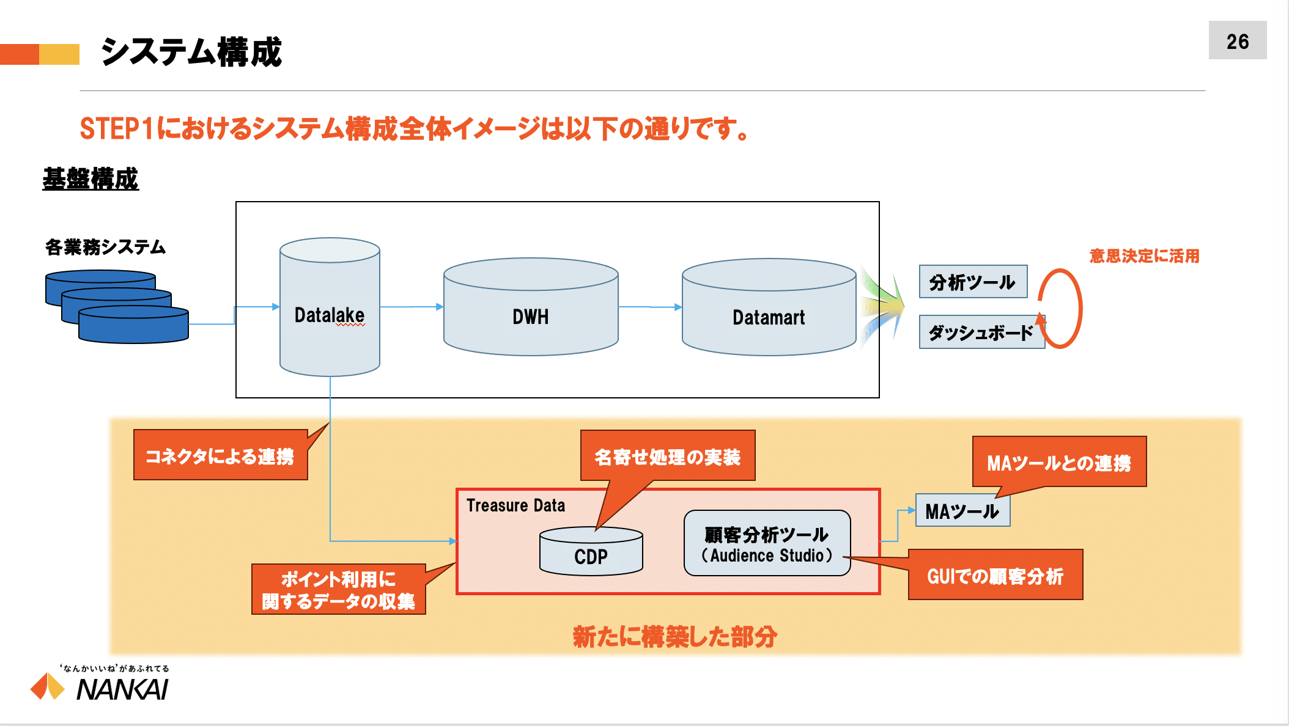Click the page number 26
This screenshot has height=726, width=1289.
point(1238,42)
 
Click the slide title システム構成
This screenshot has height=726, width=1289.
point(191,52)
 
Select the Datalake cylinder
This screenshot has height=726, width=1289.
point(330,307)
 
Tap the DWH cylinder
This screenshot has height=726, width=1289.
point(531,307)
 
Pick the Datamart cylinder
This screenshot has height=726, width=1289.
point(769,307)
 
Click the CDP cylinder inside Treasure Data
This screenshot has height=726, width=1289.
point(591,551)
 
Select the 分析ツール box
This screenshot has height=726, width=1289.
point(973,282)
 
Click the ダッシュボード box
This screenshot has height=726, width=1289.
point(981,332)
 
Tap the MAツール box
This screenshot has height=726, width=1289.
point(962,510)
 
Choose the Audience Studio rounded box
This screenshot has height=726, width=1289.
point(767,543)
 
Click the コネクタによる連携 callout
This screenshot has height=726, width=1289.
point(220,455)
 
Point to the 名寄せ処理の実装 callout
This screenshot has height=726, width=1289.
point(668,456)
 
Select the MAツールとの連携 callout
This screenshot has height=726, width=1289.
point(1059,462)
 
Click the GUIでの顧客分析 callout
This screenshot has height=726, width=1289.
point(995,575)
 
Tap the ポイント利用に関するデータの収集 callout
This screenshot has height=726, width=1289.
point(339,589)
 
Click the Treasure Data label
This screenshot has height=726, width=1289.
point(515,505)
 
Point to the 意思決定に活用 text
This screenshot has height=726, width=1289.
point(1144,255)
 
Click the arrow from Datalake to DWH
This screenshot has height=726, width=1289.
point(412,307)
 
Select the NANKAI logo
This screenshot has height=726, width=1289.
point(100,683)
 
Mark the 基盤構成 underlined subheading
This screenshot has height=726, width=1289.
point(90,179)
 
